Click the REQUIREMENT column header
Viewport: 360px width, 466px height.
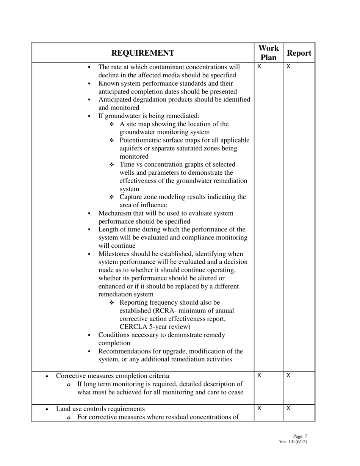pyautogui.click(x=143, y=53)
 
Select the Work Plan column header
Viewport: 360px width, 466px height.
pyautogui.click(x=268, y=53)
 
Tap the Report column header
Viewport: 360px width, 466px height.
pyautogui.click(x=299, y=53)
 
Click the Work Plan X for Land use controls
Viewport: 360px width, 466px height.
pyautogui.click(x=259, y=408)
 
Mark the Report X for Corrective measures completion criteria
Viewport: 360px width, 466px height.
pyautogui.click(x=288, y=375)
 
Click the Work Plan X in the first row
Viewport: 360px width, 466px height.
pyautogui.click(x=259, y=67)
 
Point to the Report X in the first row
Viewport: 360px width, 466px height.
pyautogui.click(x=288, y=67)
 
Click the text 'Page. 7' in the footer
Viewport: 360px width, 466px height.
pyautogui.click(x=300, y=436)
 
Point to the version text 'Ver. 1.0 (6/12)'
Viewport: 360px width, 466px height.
pyautogui.click(x=293, y=442)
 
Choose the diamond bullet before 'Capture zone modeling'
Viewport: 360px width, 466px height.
pyautogui.click(x=112, y=197)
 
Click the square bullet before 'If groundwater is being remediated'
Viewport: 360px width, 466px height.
pyautogui.click(x=89, y=116)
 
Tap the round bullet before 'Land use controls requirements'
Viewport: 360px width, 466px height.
pyautogui.click(x=46, y=410)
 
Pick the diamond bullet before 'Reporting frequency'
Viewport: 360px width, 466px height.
pyautogui.click(x=112, y=303)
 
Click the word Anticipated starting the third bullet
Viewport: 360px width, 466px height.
pyautogui.click(x=115, y=100)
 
